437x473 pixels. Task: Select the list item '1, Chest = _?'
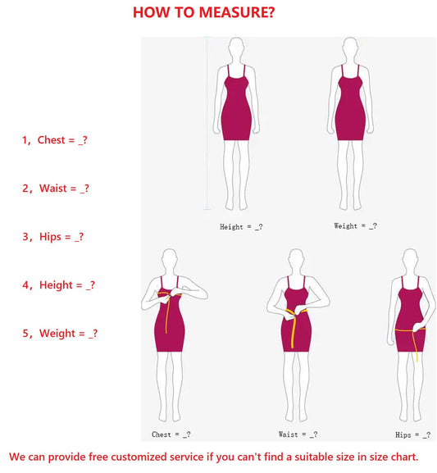point(55,140)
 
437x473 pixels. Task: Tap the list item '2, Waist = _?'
point(56,189)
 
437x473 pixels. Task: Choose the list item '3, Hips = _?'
point(52,237)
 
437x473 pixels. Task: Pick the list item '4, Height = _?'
point(58,285)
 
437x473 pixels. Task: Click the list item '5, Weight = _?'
point(60,334)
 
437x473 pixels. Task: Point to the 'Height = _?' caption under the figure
point(241,227)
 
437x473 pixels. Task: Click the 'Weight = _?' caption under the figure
point(356,226)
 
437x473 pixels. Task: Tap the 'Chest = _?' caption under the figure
point(171,434)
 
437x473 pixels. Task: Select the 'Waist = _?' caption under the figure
point(298,434)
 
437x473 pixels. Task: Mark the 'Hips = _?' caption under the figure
point(413,435)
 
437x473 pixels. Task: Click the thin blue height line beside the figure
point(207,123)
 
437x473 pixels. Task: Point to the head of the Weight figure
point(350,48)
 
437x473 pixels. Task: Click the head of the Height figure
point(236,48)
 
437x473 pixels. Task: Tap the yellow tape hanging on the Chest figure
point(167,314)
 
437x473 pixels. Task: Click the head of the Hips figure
point(411,260)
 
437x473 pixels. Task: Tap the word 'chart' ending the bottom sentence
point(405,457)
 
